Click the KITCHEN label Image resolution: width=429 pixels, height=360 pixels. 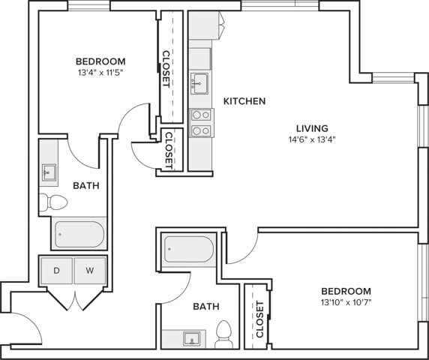(x=244, y=101)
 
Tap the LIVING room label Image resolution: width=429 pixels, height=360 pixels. (x=310, y=128)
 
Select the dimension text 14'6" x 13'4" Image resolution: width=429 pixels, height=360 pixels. (x=310, y=139)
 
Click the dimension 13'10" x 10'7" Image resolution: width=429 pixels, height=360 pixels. (x=346, y=302)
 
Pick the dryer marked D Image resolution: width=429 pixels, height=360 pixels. (x=56, y=270)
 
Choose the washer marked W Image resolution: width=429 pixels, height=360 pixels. (x=90, y=270)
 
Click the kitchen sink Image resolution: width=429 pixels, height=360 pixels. (x=200, y=82)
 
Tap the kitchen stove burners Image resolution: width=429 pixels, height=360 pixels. (x=201, y=122)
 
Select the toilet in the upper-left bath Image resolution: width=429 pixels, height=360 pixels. (x=54, y=202)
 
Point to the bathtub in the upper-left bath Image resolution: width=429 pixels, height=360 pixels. (x=79, y=233)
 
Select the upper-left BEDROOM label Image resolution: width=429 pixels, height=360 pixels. (x=100, y=61)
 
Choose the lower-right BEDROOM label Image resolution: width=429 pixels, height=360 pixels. (x=346, y=291)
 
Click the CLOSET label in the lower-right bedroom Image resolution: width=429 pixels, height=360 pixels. (x=259, y=319)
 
